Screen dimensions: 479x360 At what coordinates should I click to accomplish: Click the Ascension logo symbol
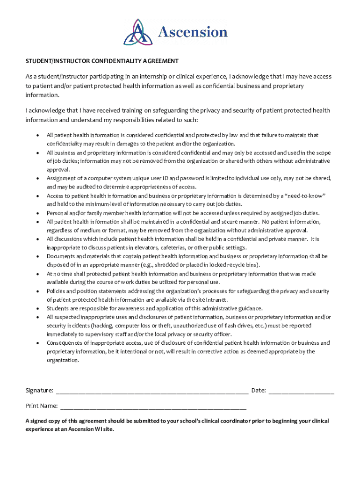point(138,32)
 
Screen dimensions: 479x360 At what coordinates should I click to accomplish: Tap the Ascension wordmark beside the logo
point(193,32)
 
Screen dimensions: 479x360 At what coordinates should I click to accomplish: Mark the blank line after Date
point(301,391)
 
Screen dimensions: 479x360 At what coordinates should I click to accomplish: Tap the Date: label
point(259,390)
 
